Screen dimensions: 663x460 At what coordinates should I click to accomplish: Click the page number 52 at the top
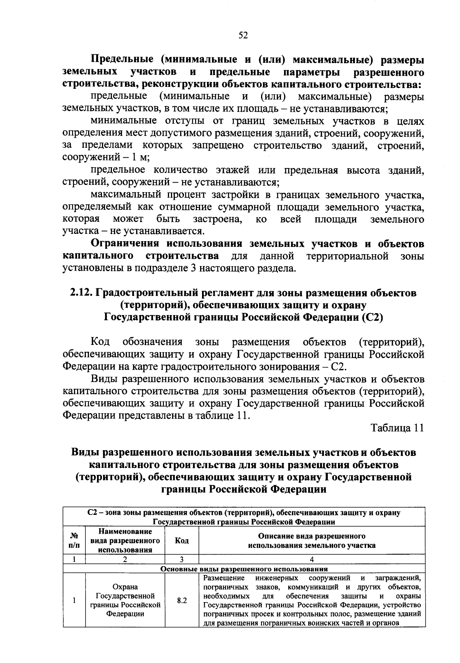point(243,35)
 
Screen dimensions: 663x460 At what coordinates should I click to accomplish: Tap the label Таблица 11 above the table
point(397,428)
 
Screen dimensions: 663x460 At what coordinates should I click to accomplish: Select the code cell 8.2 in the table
point(182,601)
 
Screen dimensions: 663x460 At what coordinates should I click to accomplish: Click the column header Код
point(182,541)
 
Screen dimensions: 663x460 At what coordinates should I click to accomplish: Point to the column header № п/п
point(74,541)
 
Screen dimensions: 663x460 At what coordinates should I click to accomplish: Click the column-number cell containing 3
point(182,559)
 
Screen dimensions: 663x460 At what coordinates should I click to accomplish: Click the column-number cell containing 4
point(312,559)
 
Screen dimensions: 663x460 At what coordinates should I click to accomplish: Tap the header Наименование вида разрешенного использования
point(125,541)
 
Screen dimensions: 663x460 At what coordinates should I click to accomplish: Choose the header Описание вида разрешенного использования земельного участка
point(312,541)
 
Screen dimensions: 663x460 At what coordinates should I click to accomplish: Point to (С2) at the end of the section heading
point(372,318)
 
